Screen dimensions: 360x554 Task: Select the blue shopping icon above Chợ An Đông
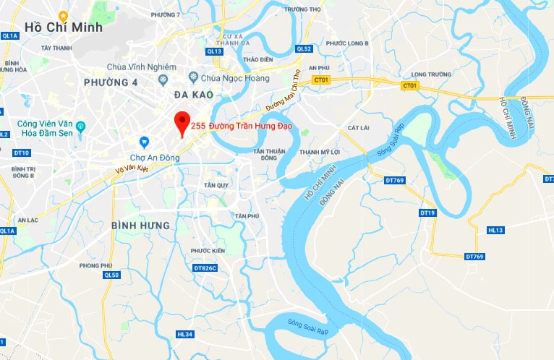click(x=145, y=141)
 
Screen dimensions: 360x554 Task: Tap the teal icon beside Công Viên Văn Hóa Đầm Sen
click(x=81, y=127)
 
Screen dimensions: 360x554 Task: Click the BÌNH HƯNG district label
click(x=141, y=226)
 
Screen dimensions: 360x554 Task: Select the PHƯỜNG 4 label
click(x=110, y=82)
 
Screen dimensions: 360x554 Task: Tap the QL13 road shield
click(x=215, y=51)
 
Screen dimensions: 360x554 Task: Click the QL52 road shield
click(x=304, y=49)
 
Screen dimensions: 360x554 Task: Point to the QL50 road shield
click(x=111, y=275)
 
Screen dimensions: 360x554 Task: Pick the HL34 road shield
click(x=185, y=334)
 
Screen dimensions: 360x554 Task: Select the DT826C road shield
click(x=205, y=268)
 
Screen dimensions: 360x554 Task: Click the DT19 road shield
click(x=428, y=213)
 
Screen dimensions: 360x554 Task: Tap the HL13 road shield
click(x=495, y=230)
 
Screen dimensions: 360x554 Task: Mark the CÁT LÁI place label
click(x=358, y=128)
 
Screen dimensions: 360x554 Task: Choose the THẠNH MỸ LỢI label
click(x=320, y=152)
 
